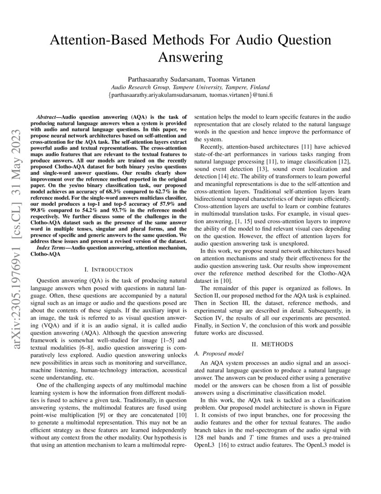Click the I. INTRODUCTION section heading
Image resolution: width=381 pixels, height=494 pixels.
pyautogui.click(x=108, y=269)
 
